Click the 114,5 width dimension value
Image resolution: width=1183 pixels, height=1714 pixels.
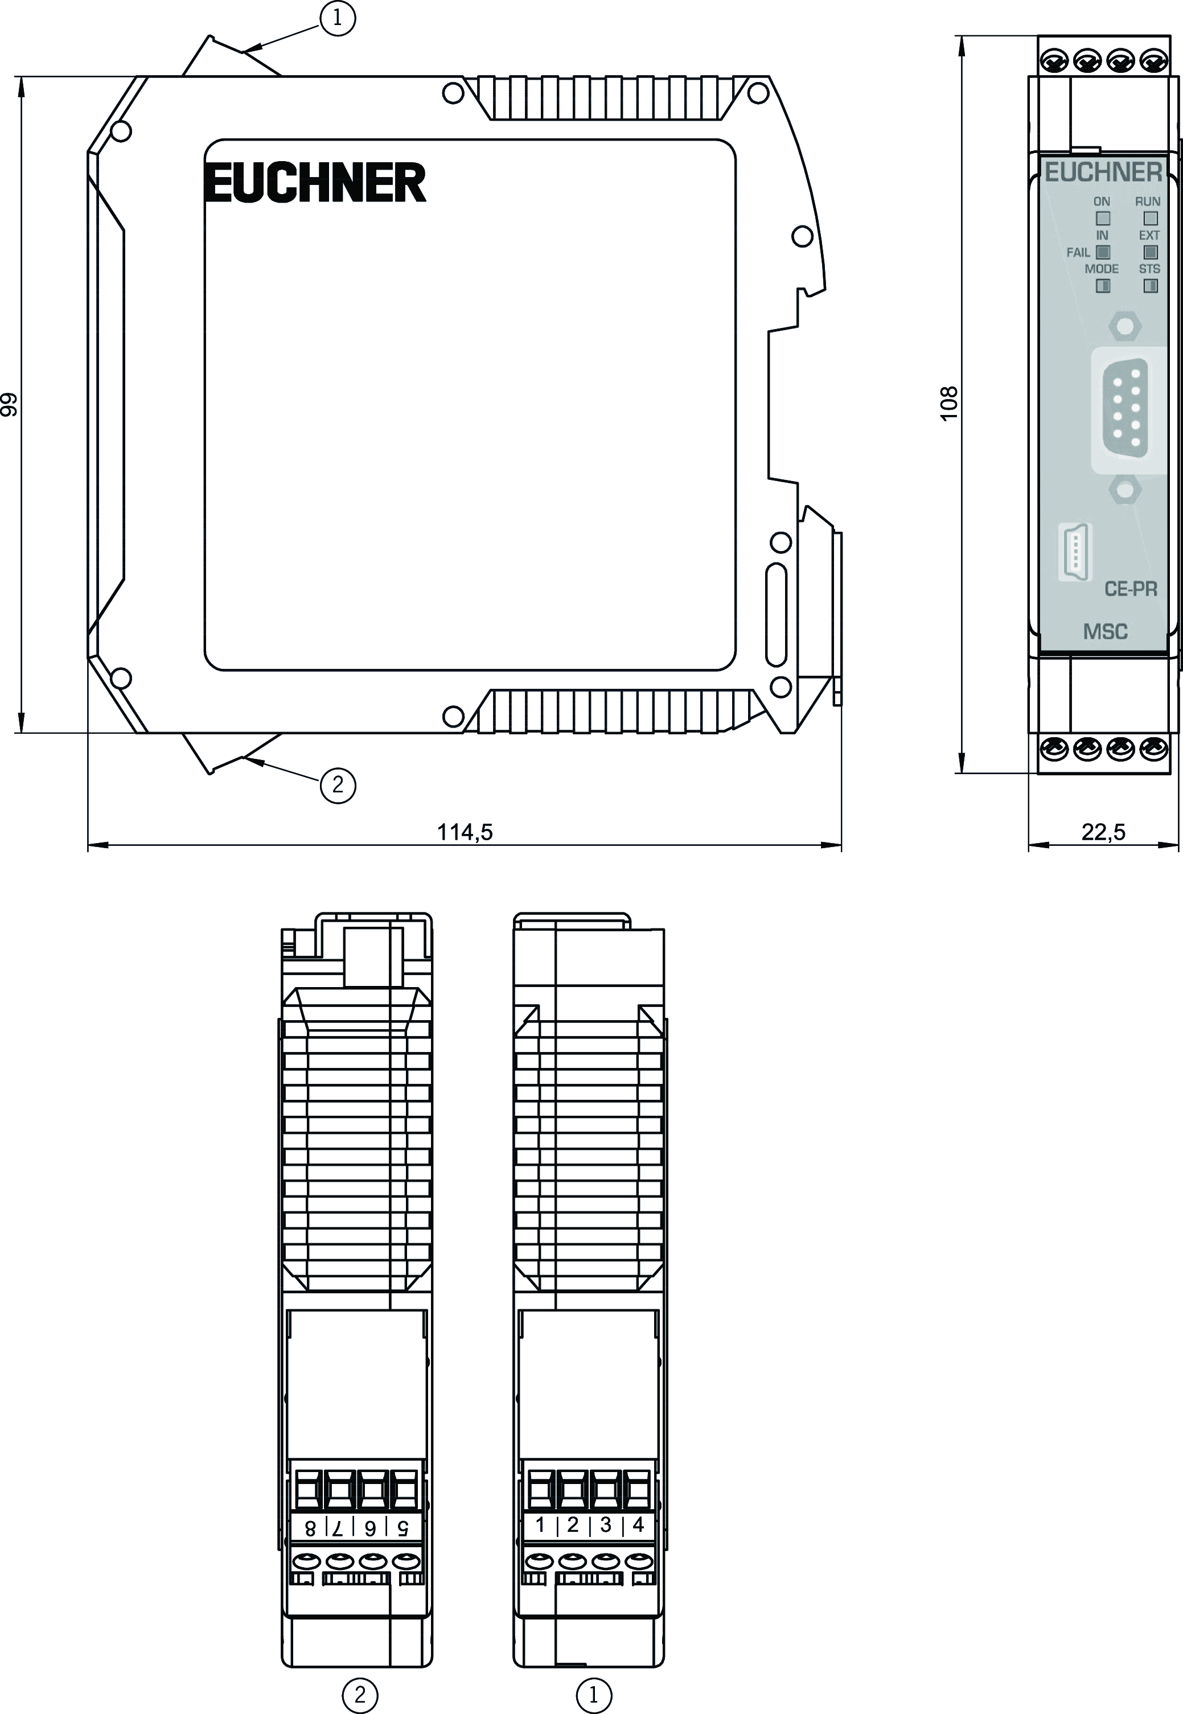pos(465,832)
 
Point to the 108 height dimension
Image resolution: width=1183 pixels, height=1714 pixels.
pos(949,403)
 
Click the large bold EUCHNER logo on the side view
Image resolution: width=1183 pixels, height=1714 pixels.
pos(315,182)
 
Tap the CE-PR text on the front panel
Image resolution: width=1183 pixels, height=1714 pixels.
pos(1131,589)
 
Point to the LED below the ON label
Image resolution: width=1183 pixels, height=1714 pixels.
pos(1103,219)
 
